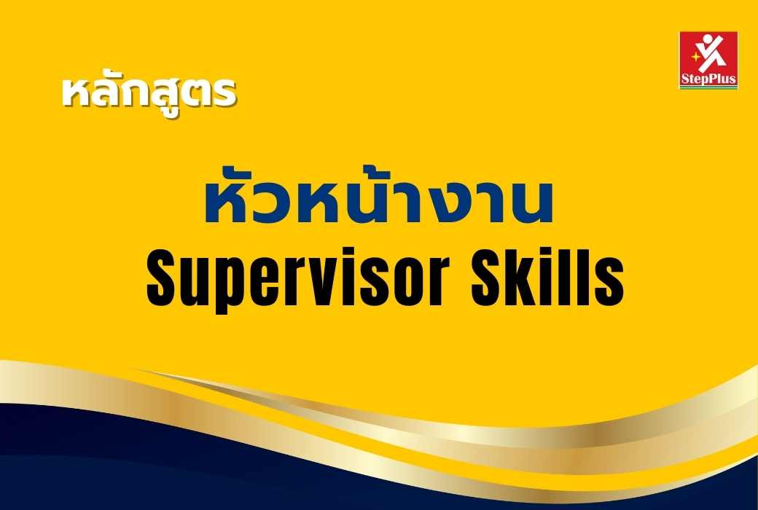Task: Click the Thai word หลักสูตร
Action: (149, 93)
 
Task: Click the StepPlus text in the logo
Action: (708, 79)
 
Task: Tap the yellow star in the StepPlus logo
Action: (696, 56)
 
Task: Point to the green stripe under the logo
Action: (708, 87)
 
